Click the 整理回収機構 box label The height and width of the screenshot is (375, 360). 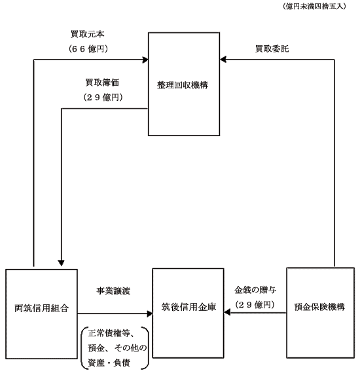pos(183,85)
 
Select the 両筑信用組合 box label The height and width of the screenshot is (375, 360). pos(42,308)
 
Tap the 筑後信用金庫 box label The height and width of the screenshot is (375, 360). pos(189,307)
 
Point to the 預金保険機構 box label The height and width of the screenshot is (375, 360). pos(319,307)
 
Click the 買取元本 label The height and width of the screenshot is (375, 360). pos(88,34)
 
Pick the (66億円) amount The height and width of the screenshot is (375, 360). pos(88,49)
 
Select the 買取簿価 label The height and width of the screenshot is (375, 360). pos(102,82)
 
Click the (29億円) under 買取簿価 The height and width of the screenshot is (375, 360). pos(103,98)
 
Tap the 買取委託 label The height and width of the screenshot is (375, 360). pos(272,49)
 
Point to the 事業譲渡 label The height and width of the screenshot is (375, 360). pos(113,291)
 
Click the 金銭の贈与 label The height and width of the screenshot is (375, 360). pos(255,290)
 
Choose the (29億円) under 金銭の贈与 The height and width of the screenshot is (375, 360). pos(255,305)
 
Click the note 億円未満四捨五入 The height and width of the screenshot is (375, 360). pos(314,7)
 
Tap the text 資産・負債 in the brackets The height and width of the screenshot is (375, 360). pos(109,363)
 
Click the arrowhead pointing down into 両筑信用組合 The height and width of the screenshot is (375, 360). pos(62,263)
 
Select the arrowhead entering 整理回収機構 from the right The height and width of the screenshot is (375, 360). pos(223,60)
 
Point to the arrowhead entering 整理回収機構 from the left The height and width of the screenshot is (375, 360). pos(145,60)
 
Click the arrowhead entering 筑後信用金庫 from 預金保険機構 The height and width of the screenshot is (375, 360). pos(227,312)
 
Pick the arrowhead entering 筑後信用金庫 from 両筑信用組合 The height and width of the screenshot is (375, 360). pos(149,313)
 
